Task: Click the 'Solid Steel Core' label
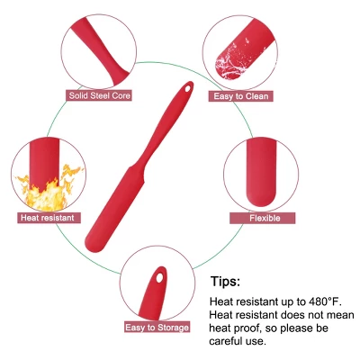(x=99, y=95)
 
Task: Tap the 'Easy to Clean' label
(x=240, y=96)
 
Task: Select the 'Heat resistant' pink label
(x=49, y=218)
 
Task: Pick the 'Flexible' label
(x=263, y=218)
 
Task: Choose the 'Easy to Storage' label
(x=157, y=327)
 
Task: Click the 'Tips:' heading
(x=225, y=281)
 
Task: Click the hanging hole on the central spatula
(x=188, y=89)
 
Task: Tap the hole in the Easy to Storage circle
(x=159, y=277)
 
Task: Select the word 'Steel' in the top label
(x=99, y=95)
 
